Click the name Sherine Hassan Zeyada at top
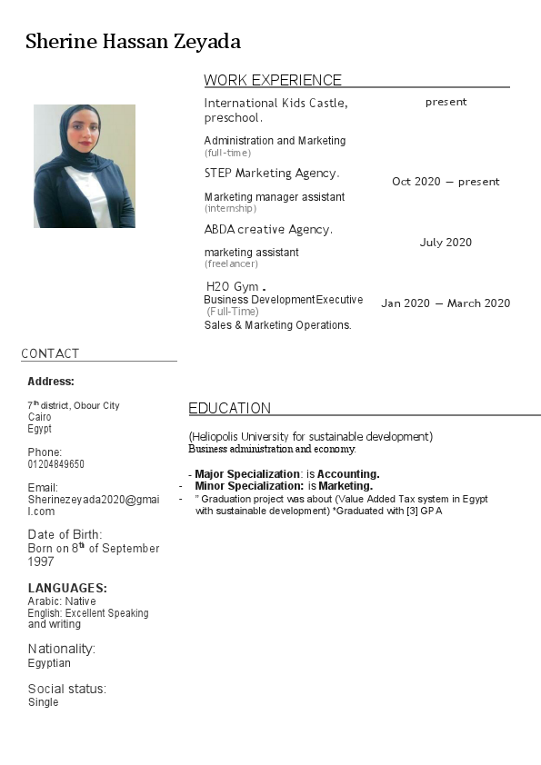[133, 42]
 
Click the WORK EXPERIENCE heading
[273, 80]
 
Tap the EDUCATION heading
[229, 408]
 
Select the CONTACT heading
[50, 353]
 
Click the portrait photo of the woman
[85, 166]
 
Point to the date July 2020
[446, 243]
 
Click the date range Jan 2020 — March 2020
[446, 303]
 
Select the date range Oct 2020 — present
[446, 182]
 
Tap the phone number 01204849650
[56, 464]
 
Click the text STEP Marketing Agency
[271, 173]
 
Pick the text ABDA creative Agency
[268, 230]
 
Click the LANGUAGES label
[67, 588]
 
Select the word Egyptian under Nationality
[49, 663]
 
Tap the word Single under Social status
[43, 702]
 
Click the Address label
[51, 382]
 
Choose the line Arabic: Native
[62, 601]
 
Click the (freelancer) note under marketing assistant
[231, 264]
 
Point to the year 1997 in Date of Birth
[42, 561]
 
